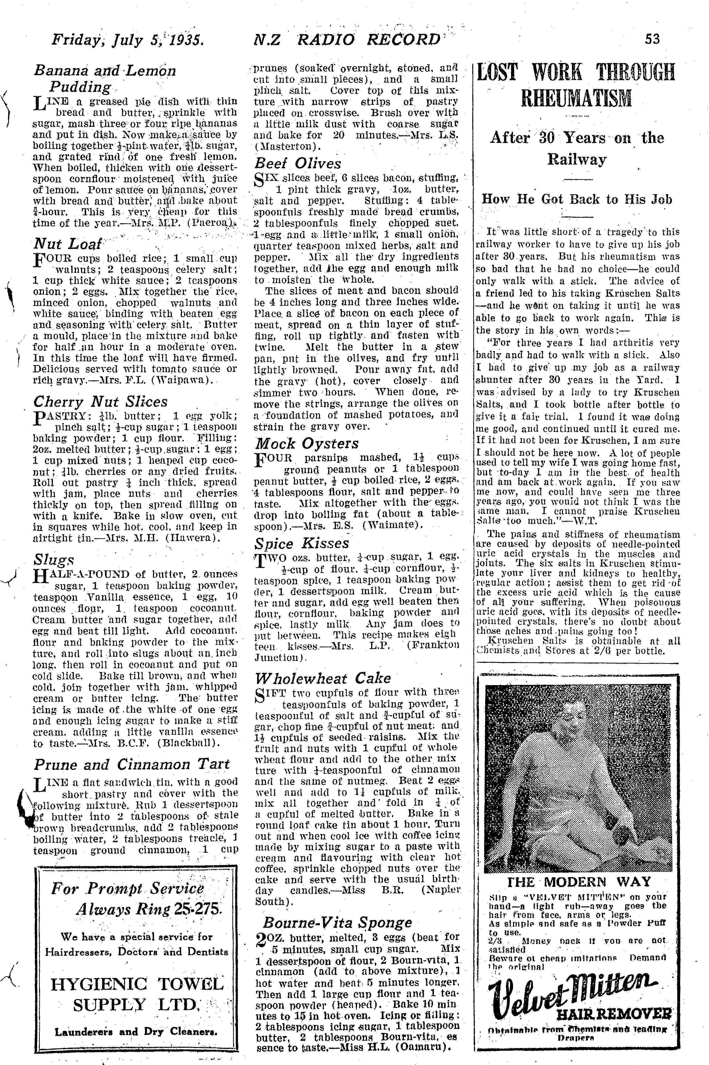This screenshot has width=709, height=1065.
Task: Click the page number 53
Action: (652, 39)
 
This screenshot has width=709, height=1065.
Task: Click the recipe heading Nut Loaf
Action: (68, 244)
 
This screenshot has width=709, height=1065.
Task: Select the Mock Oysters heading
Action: (307, 443)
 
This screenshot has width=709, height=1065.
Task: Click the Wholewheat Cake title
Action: (323, 678)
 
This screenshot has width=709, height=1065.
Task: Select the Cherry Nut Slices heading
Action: (100, 402)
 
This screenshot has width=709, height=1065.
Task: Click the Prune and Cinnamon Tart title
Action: (131, 764)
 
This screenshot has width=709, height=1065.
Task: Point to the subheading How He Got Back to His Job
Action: (577, 199)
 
